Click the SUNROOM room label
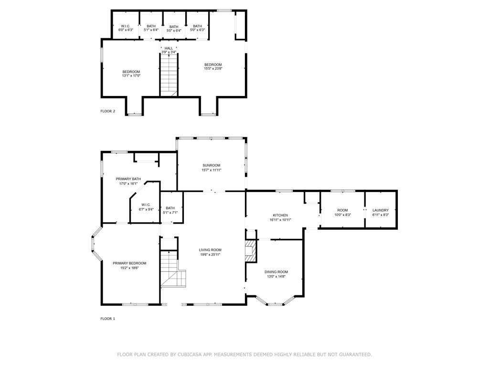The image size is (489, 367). tap(212, 165)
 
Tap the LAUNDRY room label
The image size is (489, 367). tap(381, 210)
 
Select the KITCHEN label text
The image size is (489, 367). tap(280, 216)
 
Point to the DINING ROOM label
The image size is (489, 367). tap(276, 272)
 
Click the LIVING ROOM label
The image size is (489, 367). tap(210, 249)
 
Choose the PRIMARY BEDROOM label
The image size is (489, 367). tap(129, 263)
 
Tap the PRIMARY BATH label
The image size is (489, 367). tap(128, 179)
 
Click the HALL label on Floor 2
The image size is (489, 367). tap(169, 48)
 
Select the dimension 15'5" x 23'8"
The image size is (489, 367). tap(213, 69)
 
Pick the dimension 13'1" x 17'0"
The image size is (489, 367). tap(131, 76)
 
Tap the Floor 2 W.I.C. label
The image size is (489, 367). tap(126, 26)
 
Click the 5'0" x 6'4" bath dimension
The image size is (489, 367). tap(174, 31)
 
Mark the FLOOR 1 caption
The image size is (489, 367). tap(107, 319)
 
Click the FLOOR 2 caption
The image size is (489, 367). tap(107, 111)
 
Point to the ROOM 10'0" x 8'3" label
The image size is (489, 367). tap(342, 213)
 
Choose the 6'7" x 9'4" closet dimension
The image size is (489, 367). tap(146, 210)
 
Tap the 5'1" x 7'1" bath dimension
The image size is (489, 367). tap(170, 213)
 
